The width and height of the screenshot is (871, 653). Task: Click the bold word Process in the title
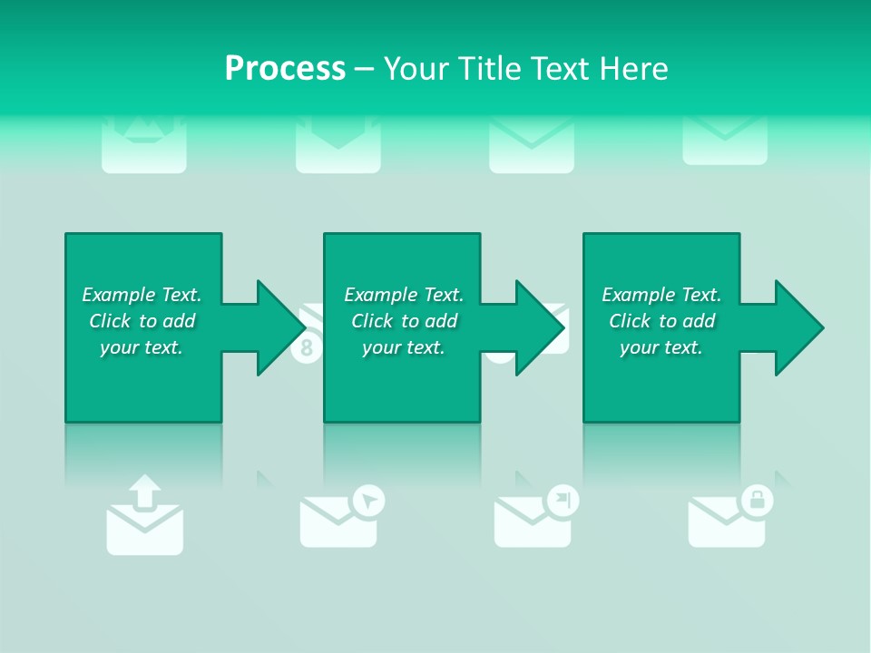tap(285, 68)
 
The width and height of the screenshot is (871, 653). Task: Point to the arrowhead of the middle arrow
tap(541, 327)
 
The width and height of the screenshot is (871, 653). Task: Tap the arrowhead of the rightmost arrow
tap(799, 327)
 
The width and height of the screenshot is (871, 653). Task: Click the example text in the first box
tap(142, 321)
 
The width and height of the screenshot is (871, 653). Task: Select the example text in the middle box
tap(404, 321)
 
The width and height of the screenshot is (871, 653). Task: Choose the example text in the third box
tap(661, 321)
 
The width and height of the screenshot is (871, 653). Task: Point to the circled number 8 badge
tap(306, 347)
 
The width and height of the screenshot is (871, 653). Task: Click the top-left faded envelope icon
tap(143, 145)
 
